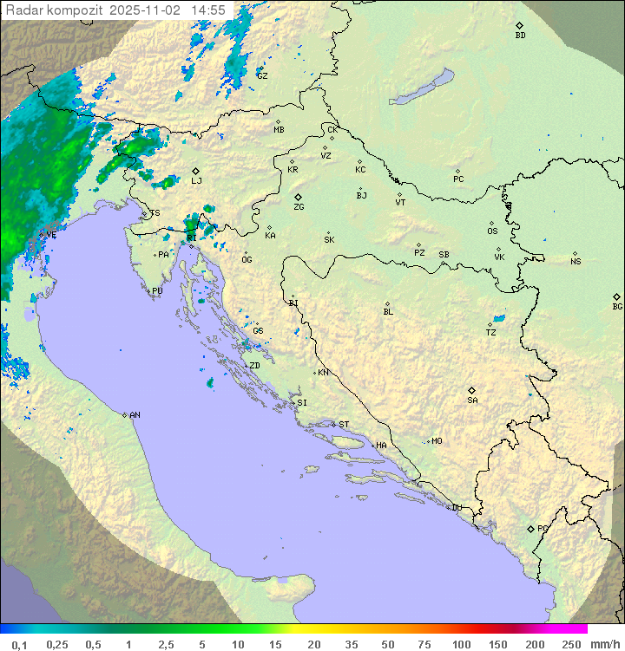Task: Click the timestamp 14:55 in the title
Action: click(208, 10)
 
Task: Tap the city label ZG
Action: click(299, 207)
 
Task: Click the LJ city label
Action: click(196, 181)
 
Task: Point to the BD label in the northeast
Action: click(520, 36)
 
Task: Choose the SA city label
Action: click(472, 400)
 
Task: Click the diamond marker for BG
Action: click(617, 296)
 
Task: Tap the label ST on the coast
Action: click(344, 425)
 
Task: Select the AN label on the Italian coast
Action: click(135, 415)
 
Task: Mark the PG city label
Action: click(543, 528)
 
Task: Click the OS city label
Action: click(492, 231)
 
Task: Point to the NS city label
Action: click(576, 262)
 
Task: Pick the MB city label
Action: click(279, 130)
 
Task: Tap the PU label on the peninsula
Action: click(157, 291)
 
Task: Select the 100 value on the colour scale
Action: click(462, 644)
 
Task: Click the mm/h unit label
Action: click(602, 644)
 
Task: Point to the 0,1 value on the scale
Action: click(19, 644)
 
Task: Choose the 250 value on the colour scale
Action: click(571, 644)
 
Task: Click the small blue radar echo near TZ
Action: click(497, 318)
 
